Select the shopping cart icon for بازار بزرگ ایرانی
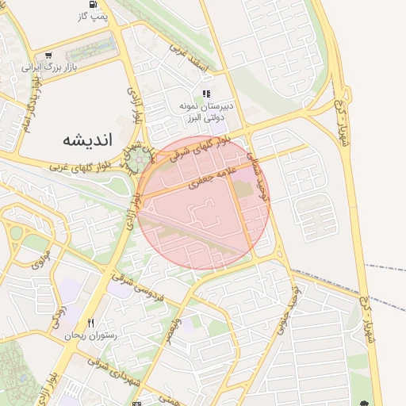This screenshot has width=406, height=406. tap(49, 56)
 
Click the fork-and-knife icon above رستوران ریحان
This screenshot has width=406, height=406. tap(91, 324)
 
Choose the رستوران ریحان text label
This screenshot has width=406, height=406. tap(92, 336)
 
